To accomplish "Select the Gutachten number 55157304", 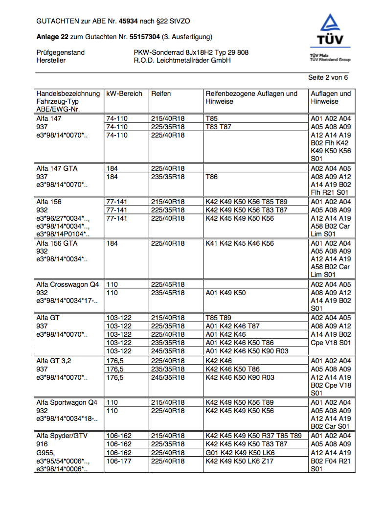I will coord(145,37).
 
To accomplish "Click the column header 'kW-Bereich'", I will coord(124,93).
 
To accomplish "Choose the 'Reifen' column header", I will coord(161,93).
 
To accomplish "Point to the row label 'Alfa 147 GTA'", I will coord(57,168).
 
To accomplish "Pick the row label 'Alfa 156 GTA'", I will coord(57,243).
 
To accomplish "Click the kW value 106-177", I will coord(119,461).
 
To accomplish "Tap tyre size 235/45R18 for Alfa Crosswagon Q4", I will coord(168,293).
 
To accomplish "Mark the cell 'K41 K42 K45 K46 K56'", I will coord(240,243).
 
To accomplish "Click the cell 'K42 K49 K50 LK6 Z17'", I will coord(240,461).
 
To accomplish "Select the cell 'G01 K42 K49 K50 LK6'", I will coord(240,453).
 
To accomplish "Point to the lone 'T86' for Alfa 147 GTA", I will coord(212,177).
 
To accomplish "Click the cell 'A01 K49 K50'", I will coord(225,293).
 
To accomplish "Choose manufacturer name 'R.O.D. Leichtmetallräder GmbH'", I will coord(182,61).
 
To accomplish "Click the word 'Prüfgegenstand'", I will coord(60,52).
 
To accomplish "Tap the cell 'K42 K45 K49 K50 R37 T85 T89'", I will coord(253,436).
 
